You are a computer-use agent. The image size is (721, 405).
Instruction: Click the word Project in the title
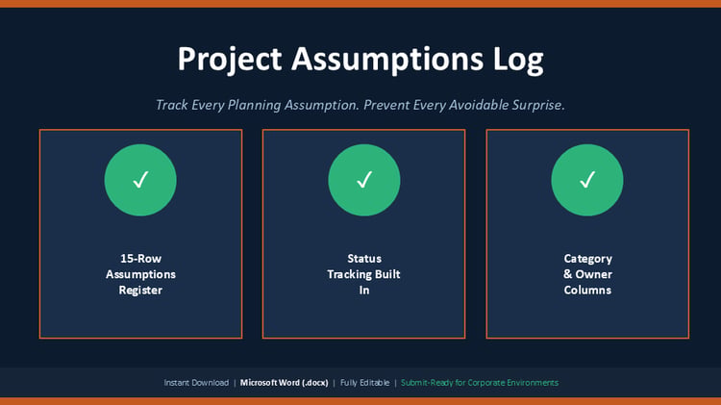tap(230, 60)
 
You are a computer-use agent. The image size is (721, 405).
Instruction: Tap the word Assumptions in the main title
tap(387, 60)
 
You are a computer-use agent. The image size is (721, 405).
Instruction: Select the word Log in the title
tap(518, 60)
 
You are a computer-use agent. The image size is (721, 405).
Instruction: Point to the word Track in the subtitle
tap(172, 105)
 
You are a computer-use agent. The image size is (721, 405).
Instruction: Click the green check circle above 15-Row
tap(140, 180)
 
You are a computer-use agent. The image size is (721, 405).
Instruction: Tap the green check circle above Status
tap(364, 180)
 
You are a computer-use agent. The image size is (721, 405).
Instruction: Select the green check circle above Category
tap(587, 180)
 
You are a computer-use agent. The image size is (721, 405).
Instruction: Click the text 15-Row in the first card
tap(140, 259)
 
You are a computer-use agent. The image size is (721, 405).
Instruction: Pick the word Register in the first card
tap(140, 291)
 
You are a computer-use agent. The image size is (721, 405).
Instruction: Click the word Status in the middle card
tap(364, 259)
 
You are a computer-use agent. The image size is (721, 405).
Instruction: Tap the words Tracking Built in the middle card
tap(363, 274)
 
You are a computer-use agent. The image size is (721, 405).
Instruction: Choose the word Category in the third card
tap(588, 259)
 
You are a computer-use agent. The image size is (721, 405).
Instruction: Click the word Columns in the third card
tap(587, 290)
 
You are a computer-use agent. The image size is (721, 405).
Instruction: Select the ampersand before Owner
tap(568, 274)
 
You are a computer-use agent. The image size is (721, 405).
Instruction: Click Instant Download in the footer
tap(196, 383)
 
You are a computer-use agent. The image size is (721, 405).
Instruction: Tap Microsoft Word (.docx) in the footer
tap(285, 383)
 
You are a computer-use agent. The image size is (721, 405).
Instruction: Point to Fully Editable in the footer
tap(364, 383)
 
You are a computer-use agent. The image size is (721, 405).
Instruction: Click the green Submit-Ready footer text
tap(480, 383)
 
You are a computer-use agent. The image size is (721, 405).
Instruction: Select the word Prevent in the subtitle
tap(385, 105)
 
